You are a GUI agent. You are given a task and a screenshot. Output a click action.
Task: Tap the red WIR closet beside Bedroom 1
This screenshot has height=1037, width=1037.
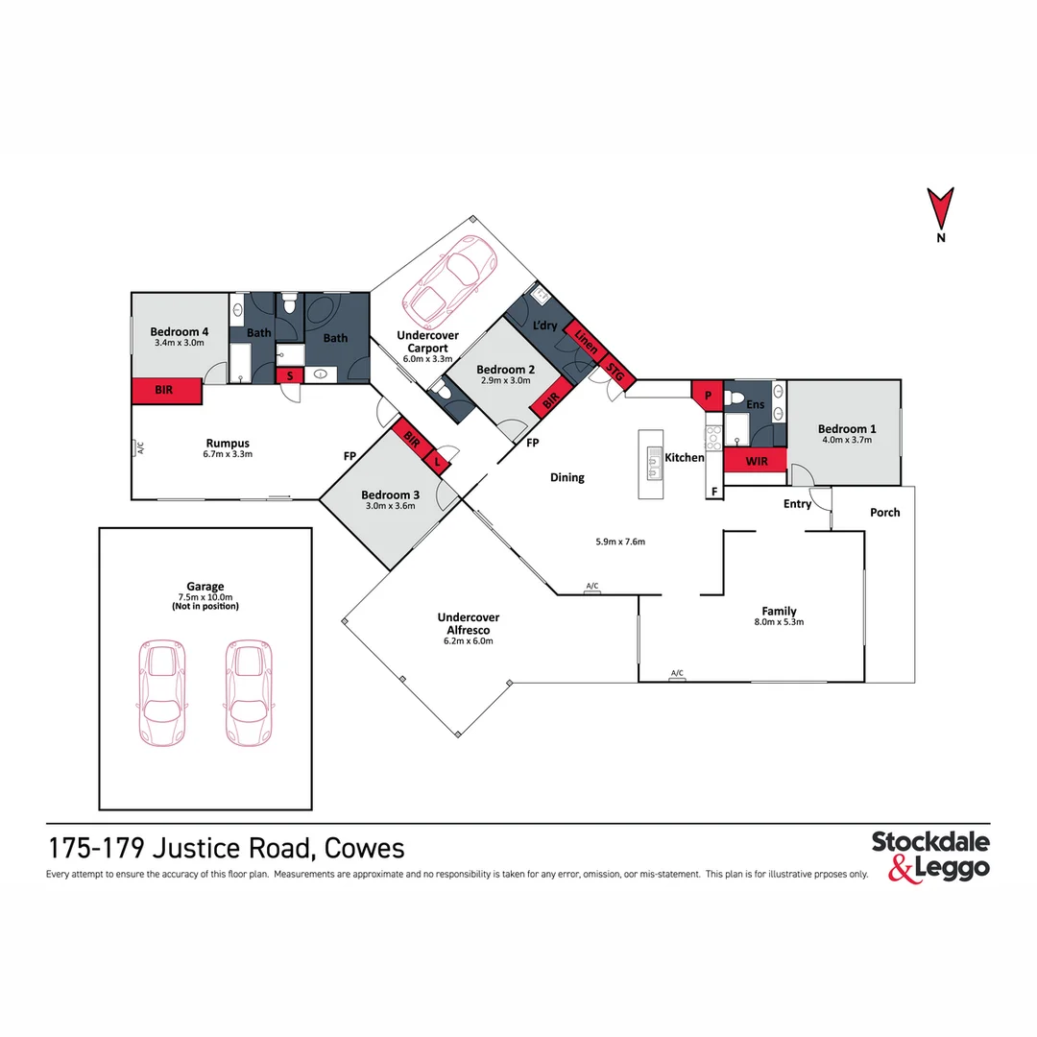755,461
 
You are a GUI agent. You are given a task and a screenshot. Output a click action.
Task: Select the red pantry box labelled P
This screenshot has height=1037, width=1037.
707,395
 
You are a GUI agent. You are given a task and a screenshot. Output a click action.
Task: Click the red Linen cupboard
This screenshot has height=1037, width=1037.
585,338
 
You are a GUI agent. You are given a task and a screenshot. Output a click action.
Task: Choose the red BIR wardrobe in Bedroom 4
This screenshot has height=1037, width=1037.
166,391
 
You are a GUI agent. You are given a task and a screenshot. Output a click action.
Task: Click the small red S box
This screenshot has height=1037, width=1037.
290,375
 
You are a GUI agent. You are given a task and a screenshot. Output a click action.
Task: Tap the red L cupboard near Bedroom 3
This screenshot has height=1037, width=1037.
440,462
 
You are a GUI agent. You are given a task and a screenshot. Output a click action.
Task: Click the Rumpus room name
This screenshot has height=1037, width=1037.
227,444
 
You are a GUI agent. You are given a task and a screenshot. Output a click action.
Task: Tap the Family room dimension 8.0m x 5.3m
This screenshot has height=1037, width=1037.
779,622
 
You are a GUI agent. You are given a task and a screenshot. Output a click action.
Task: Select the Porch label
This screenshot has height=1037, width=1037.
884,513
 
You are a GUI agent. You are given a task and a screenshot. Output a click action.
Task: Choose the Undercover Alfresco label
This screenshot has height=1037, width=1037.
468,623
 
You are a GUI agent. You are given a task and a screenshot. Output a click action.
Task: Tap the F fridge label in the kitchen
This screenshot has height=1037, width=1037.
713,492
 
